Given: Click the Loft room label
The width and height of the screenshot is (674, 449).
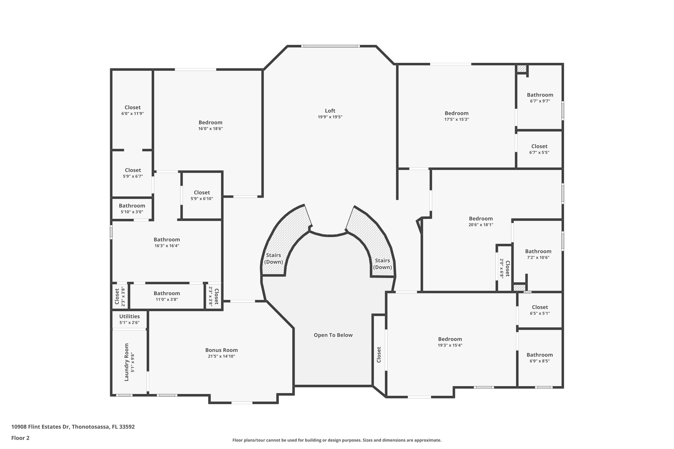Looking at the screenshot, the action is click(x=330, y=111).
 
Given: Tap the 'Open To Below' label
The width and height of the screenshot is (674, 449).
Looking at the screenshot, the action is click(x=333, y=335).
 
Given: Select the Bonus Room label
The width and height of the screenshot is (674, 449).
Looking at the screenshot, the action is click(x=221, y=350).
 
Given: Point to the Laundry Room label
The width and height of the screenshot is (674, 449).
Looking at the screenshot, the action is click(x=127, y=362).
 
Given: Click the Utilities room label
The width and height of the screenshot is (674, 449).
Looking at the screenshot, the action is click(x=129, y=316).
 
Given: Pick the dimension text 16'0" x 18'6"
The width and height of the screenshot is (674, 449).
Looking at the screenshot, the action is click(x=211, y=129).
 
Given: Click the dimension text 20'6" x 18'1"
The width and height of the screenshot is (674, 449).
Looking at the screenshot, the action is click(x=481, y=225).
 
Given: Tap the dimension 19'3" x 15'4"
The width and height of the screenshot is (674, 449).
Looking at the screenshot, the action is click(x=450, y=345).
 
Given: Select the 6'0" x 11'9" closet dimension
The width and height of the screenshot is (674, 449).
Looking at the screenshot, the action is click(x=133, y=113).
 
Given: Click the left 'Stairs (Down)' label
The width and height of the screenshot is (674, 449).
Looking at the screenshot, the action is click(x=273, y=259).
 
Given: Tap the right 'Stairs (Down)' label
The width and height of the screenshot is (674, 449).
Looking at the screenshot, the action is click(x=382, y=264).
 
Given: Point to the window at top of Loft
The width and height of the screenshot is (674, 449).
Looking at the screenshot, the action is click(x=330, y=46).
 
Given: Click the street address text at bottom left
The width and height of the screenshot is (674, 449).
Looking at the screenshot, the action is click(x=73, y=427).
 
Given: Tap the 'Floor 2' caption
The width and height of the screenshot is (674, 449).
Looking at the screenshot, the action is click(x=20, y=438).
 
